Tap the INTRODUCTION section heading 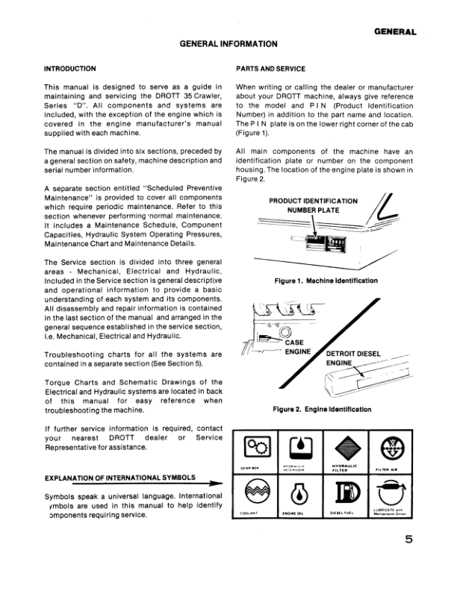[75, 68]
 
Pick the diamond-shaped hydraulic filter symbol [345, 448]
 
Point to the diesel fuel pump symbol [345, 493]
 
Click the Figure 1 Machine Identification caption [322, 281]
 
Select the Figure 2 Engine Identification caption [322, 409]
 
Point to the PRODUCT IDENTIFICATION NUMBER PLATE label [314, 205]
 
